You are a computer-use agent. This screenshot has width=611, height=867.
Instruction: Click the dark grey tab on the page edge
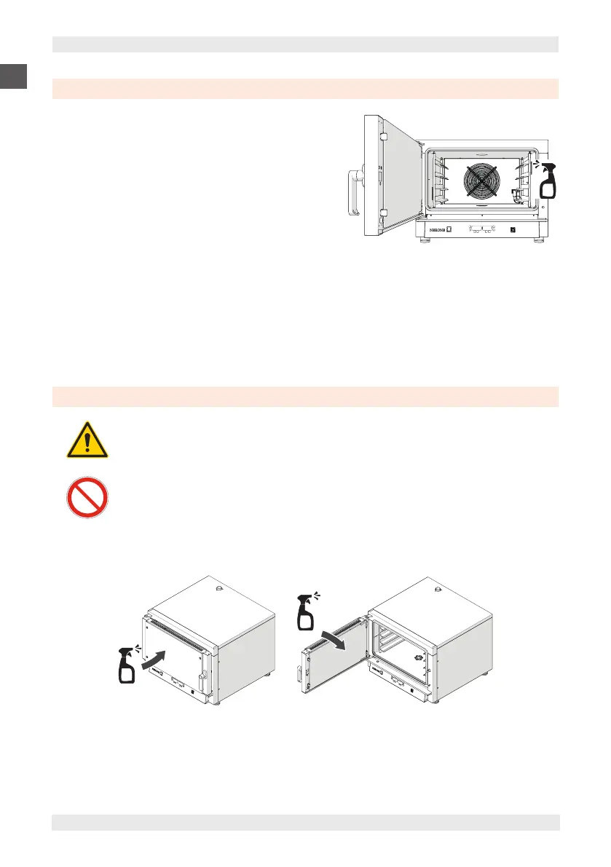tap(13, 76)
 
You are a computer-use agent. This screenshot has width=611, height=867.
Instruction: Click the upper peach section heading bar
tap(305, 89)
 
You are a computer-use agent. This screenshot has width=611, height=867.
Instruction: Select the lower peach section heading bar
tap(305, 397)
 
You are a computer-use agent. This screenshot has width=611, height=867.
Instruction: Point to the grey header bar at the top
tap(305, 44)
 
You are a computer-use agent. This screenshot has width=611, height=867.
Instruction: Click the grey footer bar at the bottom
tap(305, 822)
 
